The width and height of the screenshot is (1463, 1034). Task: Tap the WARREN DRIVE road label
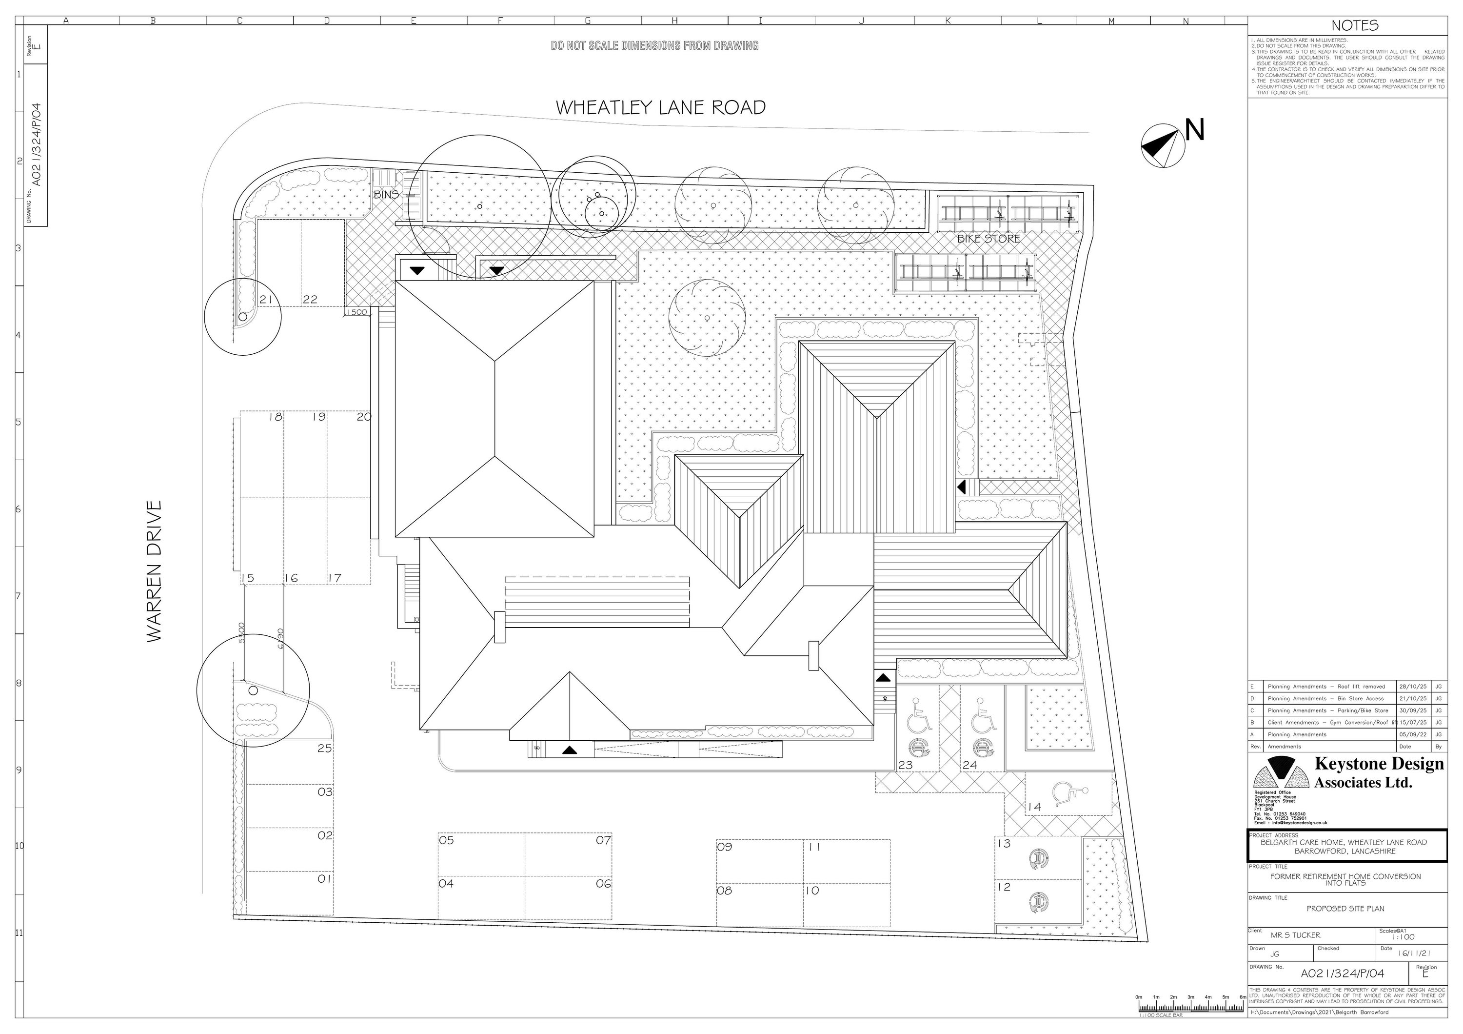155,571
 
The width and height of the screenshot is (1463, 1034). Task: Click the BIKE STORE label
989,239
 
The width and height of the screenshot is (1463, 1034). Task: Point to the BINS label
386,194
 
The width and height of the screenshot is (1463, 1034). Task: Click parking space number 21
266,300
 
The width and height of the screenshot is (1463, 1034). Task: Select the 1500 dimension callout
357,312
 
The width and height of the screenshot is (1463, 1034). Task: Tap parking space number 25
324,749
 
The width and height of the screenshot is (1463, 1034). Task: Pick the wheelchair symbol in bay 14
1068,795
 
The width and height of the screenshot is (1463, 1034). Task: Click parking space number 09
725,847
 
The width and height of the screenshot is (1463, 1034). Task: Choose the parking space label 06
603,884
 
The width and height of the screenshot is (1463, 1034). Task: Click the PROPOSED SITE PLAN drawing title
1345,909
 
